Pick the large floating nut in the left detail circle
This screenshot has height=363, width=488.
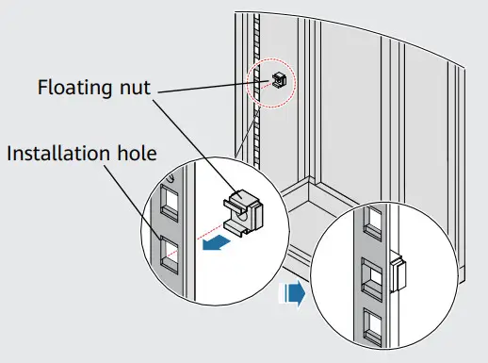(x=243, y=208)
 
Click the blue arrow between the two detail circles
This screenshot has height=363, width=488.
(x=296, y=295)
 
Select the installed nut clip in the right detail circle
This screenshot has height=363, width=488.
(x=396, y=274)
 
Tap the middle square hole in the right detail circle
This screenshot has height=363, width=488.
(x=373, y=277)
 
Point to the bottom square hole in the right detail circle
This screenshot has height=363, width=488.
(x=372, y=325)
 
